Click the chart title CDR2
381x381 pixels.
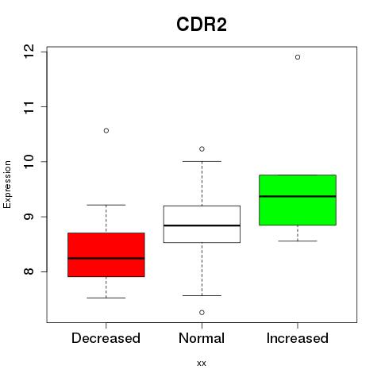(202, 25)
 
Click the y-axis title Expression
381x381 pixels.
(7, 184)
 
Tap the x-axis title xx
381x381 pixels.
(202, 364)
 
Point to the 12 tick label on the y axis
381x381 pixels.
(29, 52)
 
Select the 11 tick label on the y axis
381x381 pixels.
(29, 107)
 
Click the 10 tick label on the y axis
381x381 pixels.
(29, 161)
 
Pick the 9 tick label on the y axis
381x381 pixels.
(29, 217)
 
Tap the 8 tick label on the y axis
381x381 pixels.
(29, 271)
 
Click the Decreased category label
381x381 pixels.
(106, 338)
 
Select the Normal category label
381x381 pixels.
(202, 338)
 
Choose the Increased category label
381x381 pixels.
(298, 338)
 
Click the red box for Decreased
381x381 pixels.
(106, 255)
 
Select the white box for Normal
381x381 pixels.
(202, 224)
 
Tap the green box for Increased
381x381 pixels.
(298, 200)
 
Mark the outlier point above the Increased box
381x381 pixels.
(298, 57)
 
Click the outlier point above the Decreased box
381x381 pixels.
(106, 130)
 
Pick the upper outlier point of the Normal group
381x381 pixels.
(202, 149)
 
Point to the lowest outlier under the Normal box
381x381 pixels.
(202, 313)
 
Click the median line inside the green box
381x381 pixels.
(298, 196)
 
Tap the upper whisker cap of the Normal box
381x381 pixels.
(202, 161)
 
